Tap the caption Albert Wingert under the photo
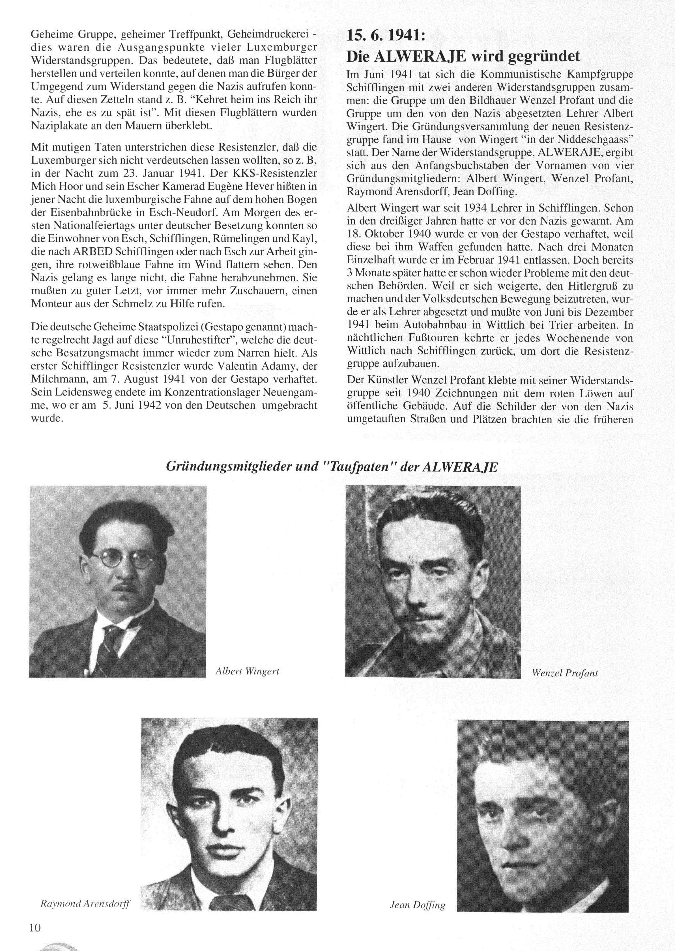[247, 671]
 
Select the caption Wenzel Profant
[564, 673]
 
